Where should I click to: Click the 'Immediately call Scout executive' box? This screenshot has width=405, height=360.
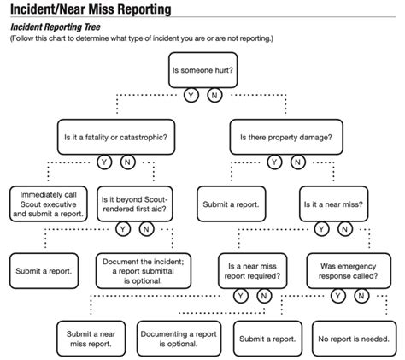click(49, 204)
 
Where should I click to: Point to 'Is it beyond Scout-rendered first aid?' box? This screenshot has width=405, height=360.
click(135, 204)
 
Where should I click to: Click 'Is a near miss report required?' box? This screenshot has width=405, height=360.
click(250, 270)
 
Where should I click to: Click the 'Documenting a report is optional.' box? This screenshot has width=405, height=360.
click(178, 338)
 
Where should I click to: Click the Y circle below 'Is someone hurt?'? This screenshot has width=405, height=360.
click(191, 95)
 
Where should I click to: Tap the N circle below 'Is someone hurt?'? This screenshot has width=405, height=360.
click(214, 95)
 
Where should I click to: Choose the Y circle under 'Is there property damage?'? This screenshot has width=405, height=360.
click(273, 162)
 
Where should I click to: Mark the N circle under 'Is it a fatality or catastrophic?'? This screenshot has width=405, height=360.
click(126, 162)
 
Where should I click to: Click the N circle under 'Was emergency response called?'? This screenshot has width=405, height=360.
click(361, 296)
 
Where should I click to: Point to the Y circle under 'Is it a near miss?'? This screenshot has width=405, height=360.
click(320, 229)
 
